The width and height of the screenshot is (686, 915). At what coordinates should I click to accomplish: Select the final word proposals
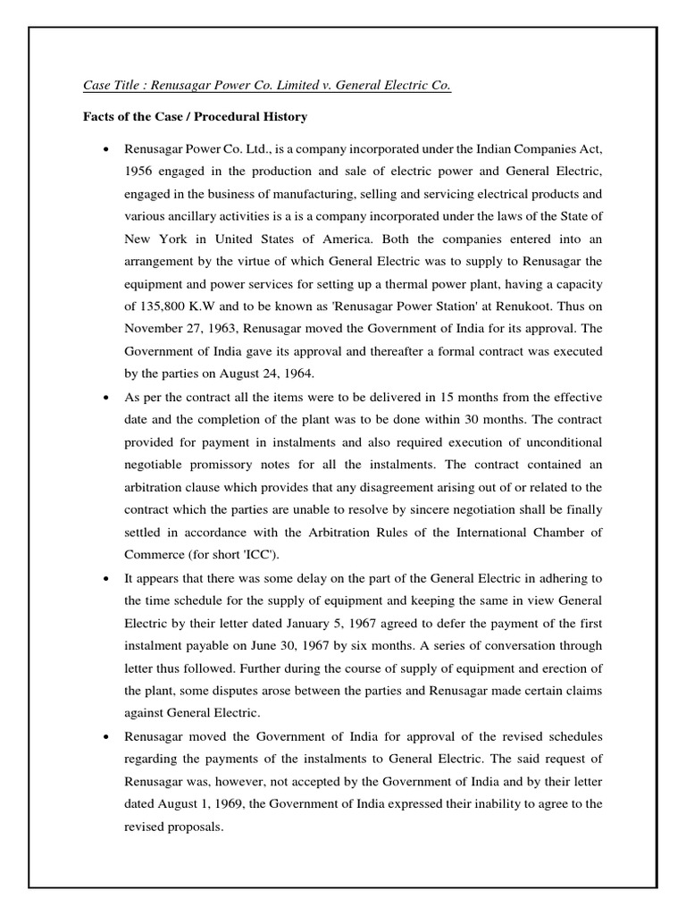click(x=193, y=827)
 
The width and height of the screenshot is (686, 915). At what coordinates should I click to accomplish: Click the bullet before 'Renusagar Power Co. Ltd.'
click(x=107, y=147)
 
